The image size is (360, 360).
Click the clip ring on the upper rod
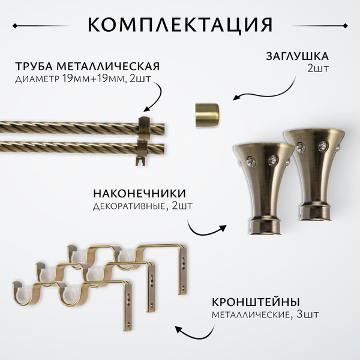pyautogui.click(x=144, y=127)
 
